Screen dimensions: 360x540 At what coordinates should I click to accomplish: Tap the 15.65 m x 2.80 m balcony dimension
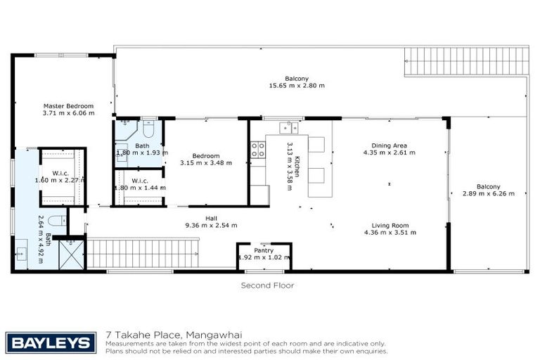(297, 86)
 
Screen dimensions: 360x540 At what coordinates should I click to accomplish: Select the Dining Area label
(385, 146)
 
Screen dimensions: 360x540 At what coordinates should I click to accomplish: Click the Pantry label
(263, 250)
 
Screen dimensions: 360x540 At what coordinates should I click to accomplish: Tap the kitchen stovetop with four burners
(258, 149)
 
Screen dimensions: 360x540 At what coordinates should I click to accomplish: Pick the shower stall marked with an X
(72, 253)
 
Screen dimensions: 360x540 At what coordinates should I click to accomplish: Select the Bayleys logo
(51, 342)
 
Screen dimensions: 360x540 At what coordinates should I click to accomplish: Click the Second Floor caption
(267, 285)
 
